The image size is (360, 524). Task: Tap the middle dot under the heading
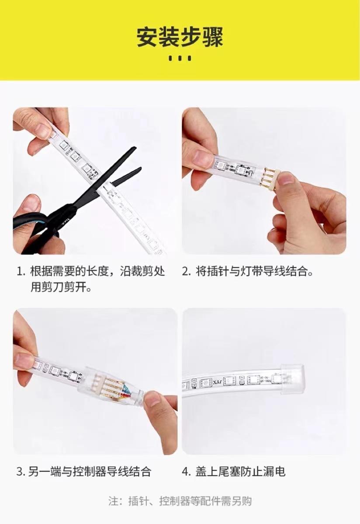pos(180,58)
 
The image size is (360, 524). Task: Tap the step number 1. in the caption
pos(21,272)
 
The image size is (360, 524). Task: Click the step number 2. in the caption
pos(186,272)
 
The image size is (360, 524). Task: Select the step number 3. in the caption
pos(21,472)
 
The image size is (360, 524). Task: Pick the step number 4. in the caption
pos(187,472)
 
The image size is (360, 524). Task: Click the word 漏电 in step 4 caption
pos(275,472)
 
